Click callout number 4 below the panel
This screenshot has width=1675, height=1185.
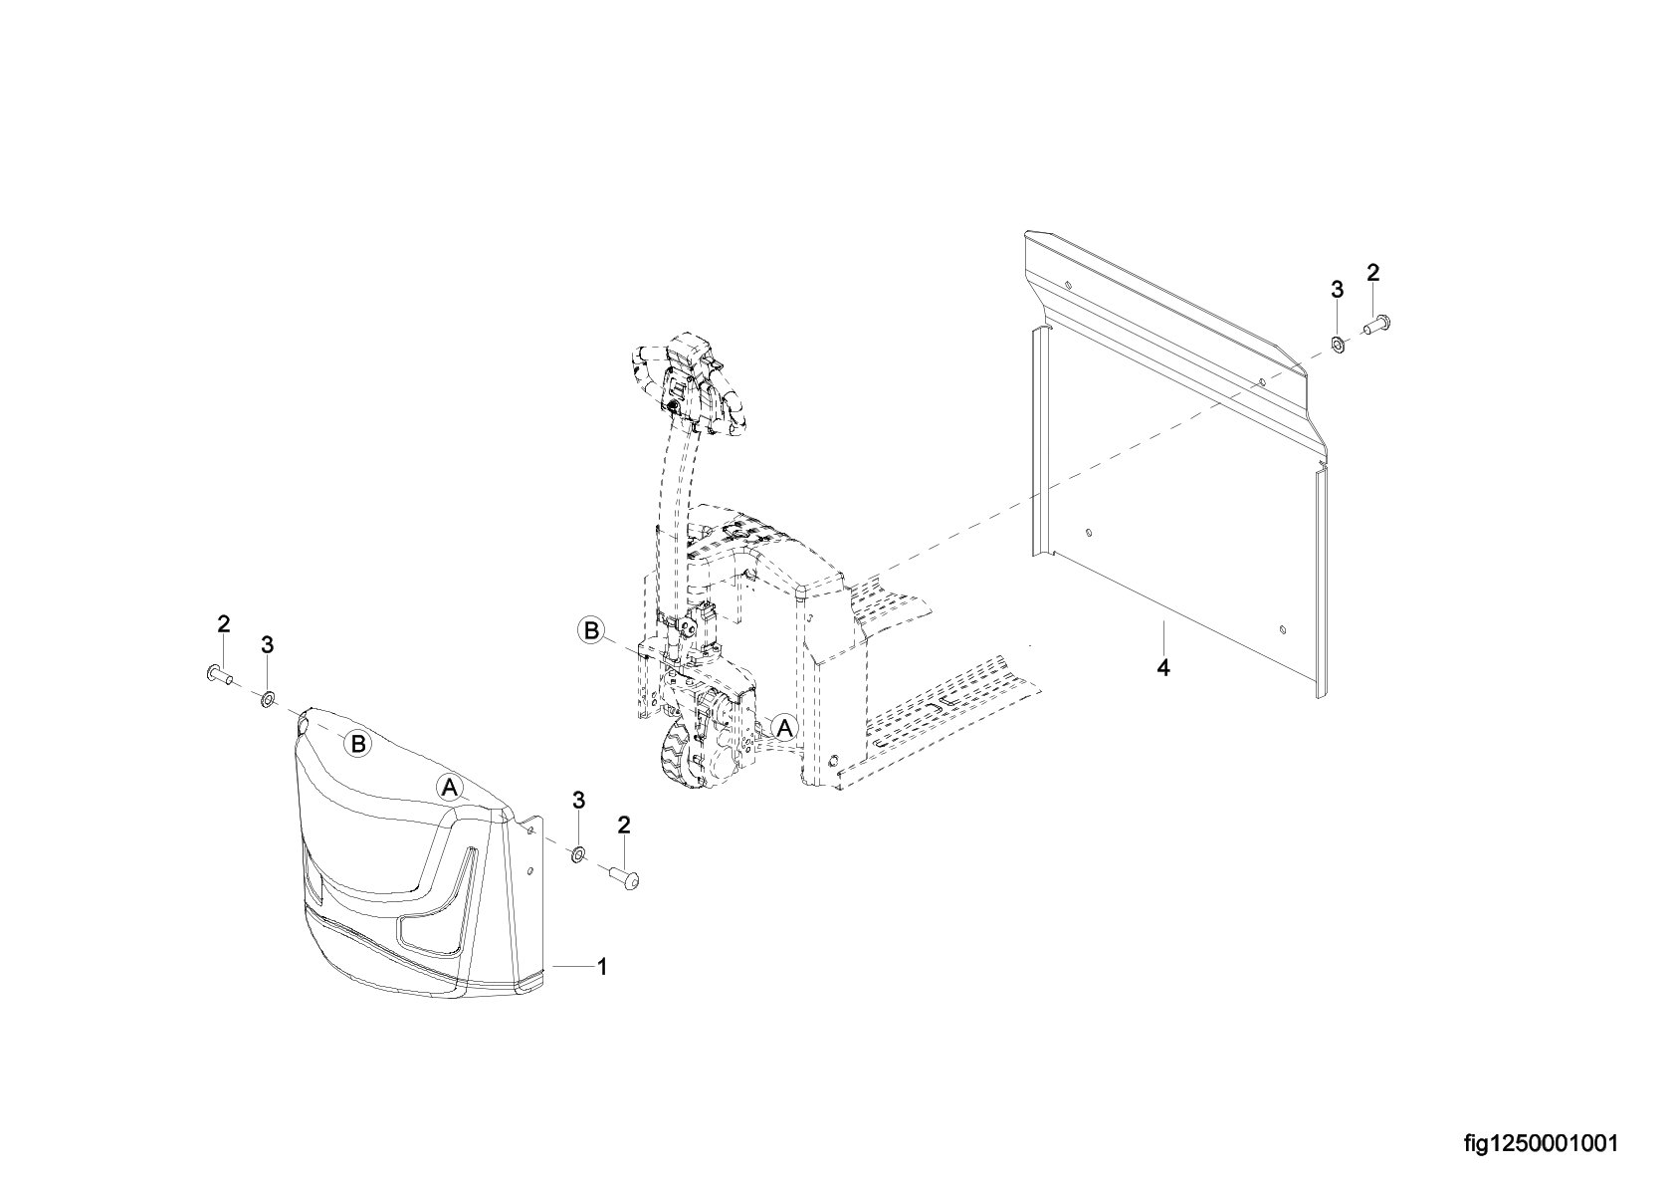click(x=1162, y=667)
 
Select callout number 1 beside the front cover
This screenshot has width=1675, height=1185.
click(x=602, y=967)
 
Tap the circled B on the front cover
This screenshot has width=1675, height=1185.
click(x=359, y=744)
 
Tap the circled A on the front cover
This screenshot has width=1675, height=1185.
click(x=450, y=787)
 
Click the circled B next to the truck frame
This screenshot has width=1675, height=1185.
click(x=591, y=630)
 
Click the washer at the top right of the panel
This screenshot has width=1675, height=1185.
click(x=1338, y=345)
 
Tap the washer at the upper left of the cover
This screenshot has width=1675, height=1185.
click(x=266, y=700)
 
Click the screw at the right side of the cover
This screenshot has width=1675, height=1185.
click(x=626, y=876)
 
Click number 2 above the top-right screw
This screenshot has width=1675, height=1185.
click(x=1372, y=274)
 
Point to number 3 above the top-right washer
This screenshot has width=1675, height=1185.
click(x=1337, y=290)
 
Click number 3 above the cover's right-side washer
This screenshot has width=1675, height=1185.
click(x=578, y=801)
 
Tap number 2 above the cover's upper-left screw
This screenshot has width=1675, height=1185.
click(x=224, y=624)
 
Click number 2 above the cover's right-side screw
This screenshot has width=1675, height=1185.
click(x=624, y=826)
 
